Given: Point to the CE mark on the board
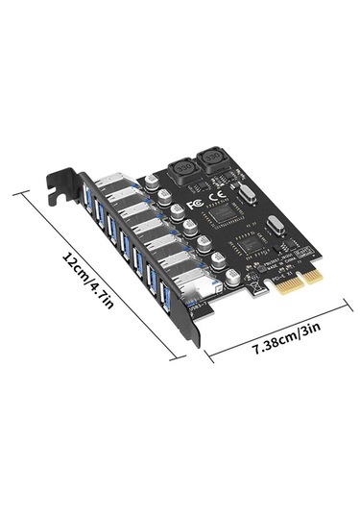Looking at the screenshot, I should tap(216, 199).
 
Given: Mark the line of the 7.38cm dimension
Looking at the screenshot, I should tap(278, 332).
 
